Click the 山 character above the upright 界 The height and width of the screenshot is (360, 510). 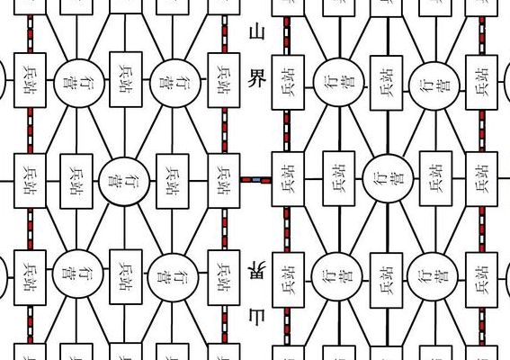click(x=256, y=32)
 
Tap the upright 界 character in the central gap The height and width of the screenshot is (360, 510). click(x=256, y=78)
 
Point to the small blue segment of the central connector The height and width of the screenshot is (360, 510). click(x=256, y=180)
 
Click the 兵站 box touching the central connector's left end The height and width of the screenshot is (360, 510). click(x=224, y=181)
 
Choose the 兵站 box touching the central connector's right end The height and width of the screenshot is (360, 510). click(x=288, y=179)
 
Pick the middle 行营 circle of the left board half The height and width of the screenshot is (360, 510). click(x=124, y=182)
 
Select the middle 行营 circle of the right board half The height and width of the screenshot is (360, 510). click(x=388, y=179)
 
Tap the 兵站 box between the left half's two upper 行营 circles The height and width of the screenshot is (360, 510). click(x=126, y=79)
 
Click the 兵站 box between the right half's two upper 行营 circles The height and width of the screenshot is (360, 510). click(x=387, y=83)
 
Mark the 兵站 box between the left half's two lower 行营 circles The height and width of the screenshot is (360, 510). click(x=126, y=277)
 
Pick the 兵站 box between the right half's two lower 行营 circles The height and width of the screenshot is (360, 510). click(x=387, y=280)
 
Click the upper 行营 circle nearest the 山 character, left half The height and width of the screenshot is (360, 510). click(x=175, y=83)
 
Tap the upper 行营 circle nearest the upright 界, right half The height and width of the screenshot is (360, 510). click(x=338, y=82)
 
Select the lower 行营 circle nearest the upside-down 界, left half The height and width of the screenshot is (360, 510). click(x=173, y=277)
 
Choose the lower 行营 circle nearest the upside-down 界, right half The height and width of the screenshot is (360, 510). click(x=336, y=277)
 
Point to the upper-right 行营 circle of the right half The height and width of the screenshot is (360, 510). click(x=434, y=85)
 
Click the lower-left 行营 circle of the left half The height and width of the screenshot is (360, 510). click(x=77, y=274)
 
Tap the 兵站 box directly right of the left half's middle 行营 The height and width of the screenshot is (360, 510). click(x=173, y=181)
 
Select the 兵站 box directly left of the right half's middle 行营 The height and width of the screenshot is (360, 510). click(x=338, y=178)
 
